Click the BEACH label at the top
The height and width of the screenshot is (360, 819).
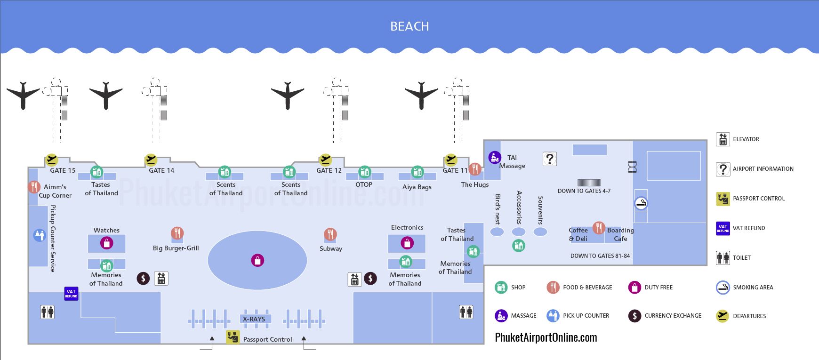coord(409,26)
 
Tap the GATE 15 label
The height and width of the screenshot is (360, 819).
coord(63,170)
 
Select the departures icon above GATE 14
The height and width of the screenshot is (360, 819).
coord(151,160)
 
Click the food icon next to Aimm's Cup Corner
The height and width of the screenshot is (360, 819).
coord(33,187)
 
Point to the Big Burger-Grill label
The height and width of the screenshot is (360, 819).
coord(176,248)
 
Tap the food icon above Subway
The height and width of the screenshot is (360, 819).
coord(330,234)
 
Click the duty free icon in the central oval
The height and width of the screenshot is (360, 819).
coord(257,260)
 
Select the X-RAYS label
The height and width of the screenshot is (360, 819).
coord(254,319)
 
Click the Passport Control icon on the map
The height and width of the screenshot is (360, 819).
coord(233,337)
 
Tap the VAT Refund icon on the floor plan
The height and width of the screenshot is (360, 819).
coord(71,294)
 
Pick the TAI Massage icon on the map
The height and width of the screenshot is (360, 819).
coord(494,157)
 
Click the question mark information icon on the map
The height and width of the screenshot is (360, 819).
coord(549,159)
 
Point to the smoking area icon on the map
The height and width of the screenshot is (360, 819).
coord(641,203)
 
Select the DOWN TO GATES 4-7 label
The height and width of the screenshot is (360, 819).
coord(584,191)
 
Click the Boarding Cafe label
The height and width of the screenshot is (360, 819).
coord(620,234)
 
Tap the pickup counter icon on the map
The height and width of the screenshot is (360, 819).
coord(40,235)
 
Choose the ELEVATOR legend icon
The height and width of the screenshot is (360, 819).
coord(723,139)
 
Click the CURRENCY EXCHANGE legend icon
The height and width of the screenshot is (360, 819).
coord(634,316)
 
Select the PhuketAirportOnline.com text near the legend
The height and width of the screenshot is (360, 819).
coord(546,337)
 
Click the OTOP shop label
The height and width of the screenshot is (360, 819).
coord(364,184)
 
